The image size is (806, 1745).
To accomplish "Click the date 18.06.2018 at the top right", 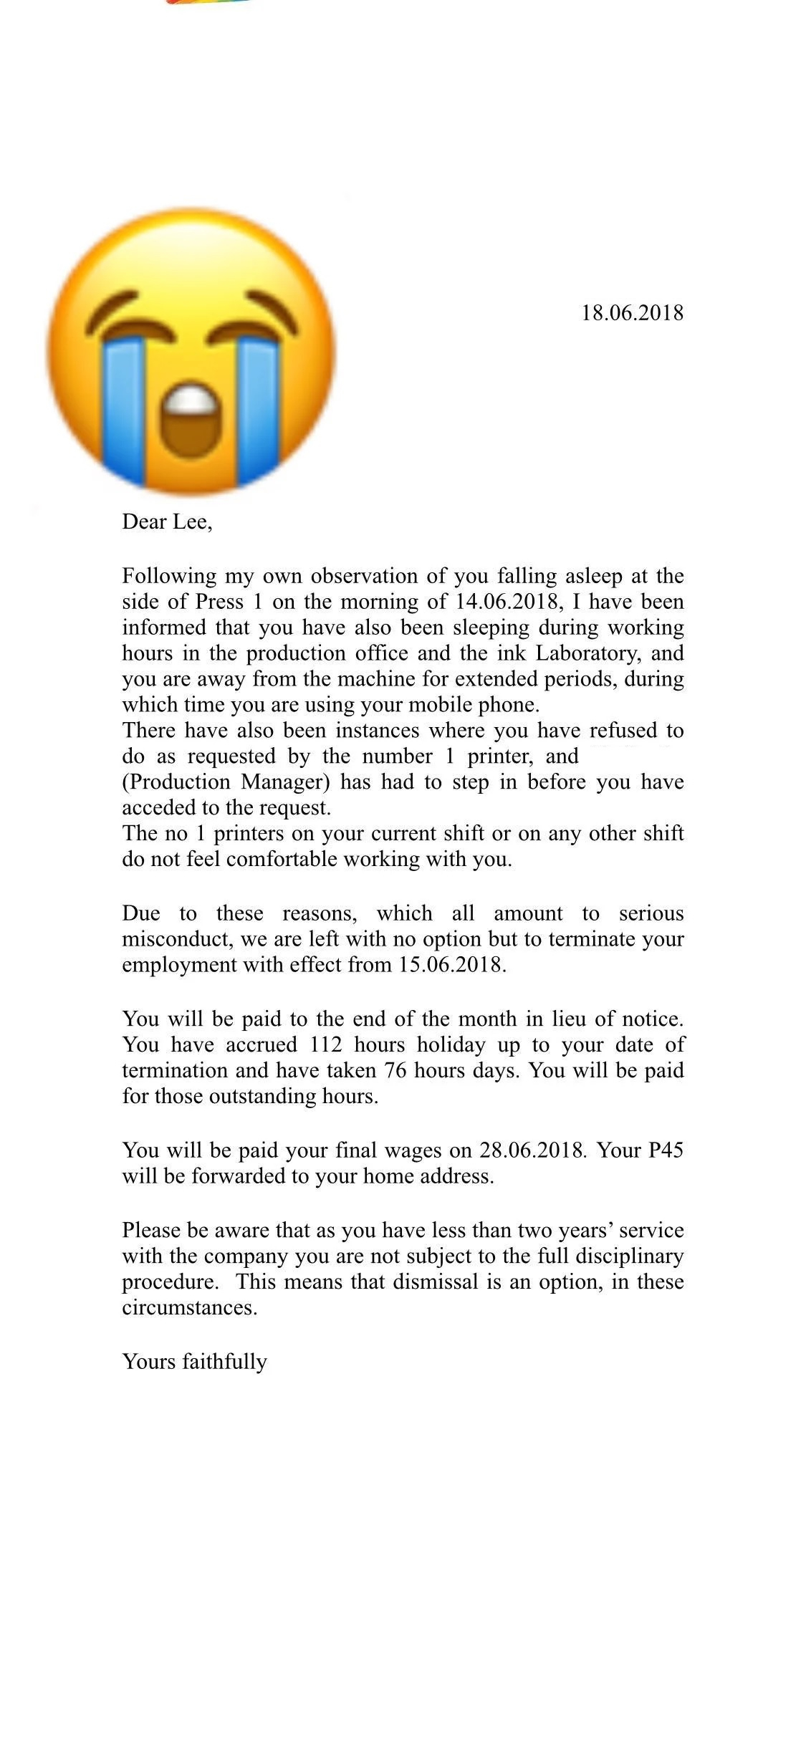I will coord(632,313).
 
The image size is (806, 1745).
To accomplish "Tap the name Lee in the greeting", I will coord(192,521).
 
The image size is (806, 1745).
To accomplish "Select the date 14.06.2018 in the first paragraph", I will coord(505,602).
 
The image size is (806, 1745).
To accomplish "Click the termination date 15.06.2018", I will coord(451,965).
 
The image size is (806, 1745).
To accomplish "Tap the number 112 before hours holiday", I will coord(326,1044).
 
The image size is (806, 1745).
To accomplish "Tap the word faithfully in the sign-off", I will coord(224,1361).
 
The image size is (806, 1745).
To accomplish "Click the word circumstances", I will coord(189,1307).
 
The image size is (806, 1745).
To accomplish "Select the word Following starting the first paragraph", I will coord(169,576).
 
